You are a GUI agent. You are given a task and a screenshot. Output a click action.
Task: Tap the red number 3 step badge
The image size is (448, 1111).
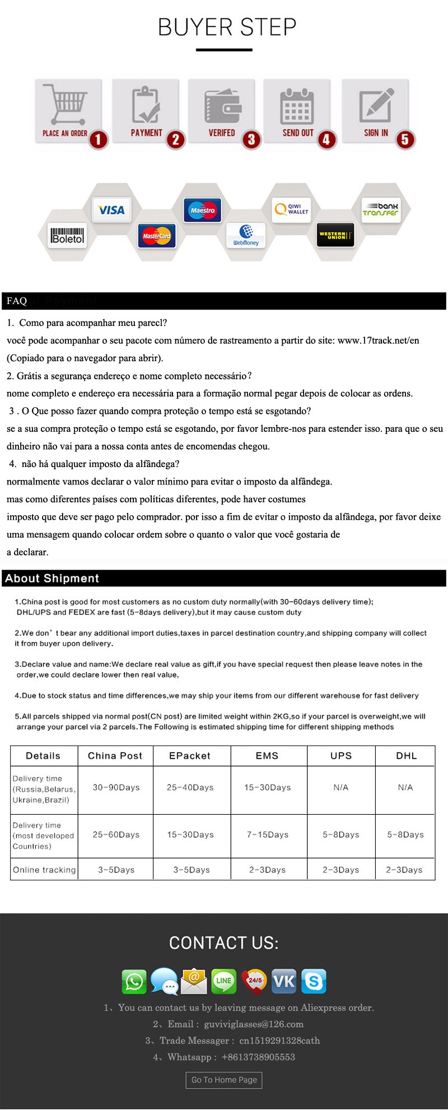(251, 139)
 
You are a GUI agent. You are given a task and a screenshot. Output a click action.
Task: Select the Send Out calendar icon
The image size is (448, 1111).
(297, 105)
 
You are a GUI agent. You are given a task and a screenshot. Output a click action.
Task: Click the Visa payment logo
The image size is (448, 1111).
(111, 210)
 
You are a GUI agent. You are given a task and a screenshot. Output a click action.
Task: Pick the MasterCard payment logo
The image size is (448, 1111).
(157, 236)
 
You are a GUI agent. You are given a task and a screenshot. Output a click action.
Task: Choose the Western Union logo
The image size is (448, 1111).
(335, 235)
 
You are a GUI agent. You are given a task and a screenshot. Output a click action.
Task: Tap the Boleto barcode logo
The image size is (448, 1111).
(68, 235)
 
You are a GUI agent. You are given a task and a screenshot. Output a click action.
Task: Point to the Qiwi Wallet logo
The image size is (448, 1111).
(291, 209)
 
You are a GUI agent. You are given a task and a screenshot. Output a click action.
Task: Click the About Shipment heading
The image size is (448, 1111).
(52, 578)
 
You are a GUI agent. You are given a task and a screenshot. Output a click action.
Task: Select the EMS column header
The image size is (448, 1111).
(267, 755)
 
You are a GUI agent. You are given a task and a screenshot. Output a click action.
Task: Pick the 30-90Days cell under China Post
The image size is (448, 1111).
(116, 787)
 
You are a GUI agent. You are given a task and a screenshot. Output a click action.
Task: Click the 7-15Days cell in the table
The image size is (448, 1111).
(268, 834)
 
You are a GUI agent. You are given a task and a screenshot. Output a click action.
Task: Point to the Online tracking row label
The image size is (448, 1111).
(44, 870)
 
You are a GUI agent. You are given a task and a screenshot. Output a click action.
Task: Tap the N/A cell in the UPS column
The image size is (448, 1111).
(341, 787)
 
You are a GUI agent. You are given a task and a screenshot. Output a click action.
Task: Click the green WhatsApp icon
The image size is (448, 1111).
(134, 982)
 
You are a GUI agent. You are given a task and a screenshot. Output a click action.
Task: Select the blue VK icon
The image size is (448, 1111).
(284, 981)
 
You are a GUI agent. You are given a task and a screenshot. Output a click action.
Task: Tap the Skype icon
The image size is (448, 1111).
(314, 981)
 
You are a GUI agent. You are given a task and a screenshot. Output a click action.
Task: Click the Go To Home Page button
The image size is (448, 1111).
(224, 1080)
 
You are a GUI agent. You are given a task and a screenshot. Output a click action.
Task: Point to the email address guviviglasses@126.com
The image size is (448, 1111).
(254, 1024)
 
